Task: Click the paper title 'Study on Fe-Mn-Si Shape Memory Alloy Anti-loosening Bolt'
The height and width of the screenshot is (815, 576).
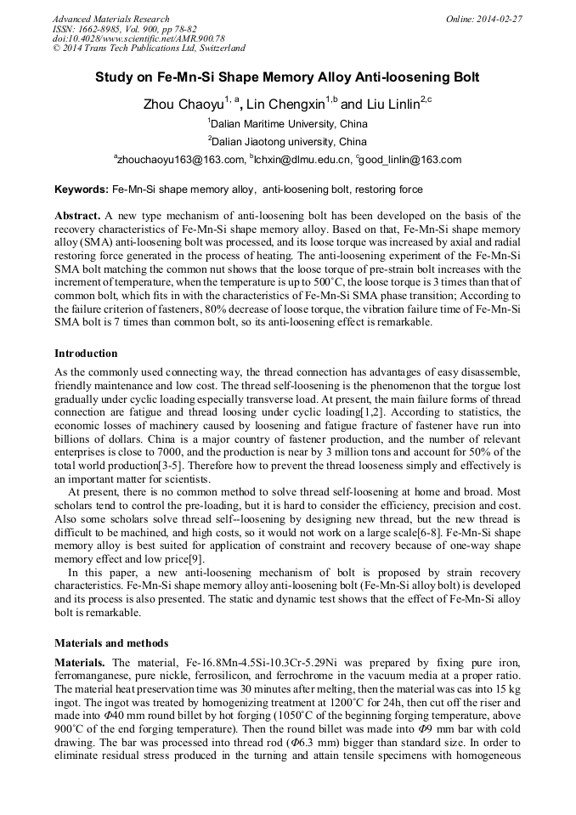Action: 287,77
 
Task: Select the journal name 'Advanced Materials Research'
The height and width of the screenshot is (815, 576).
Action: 110,19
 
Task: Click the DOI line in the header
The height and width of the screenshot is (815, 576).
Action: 138,38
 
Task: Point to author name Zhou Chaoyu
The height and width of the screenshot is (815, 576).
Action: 184,105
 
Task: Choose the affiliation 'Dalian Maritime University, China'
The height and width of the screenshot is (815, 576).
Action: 289,123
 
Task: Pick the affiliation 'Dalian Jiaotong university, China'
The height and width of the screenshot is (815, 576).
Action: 289,141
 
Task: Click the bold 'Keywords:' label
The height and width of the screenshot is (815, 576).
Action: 82,190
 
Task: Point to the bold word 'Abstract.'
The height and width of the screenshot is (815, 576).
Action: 78,217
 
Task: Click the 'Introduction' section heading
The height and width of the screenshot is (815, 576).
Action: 86,353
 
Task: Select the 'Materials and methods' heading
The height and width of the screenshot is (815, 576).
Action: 111,642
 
